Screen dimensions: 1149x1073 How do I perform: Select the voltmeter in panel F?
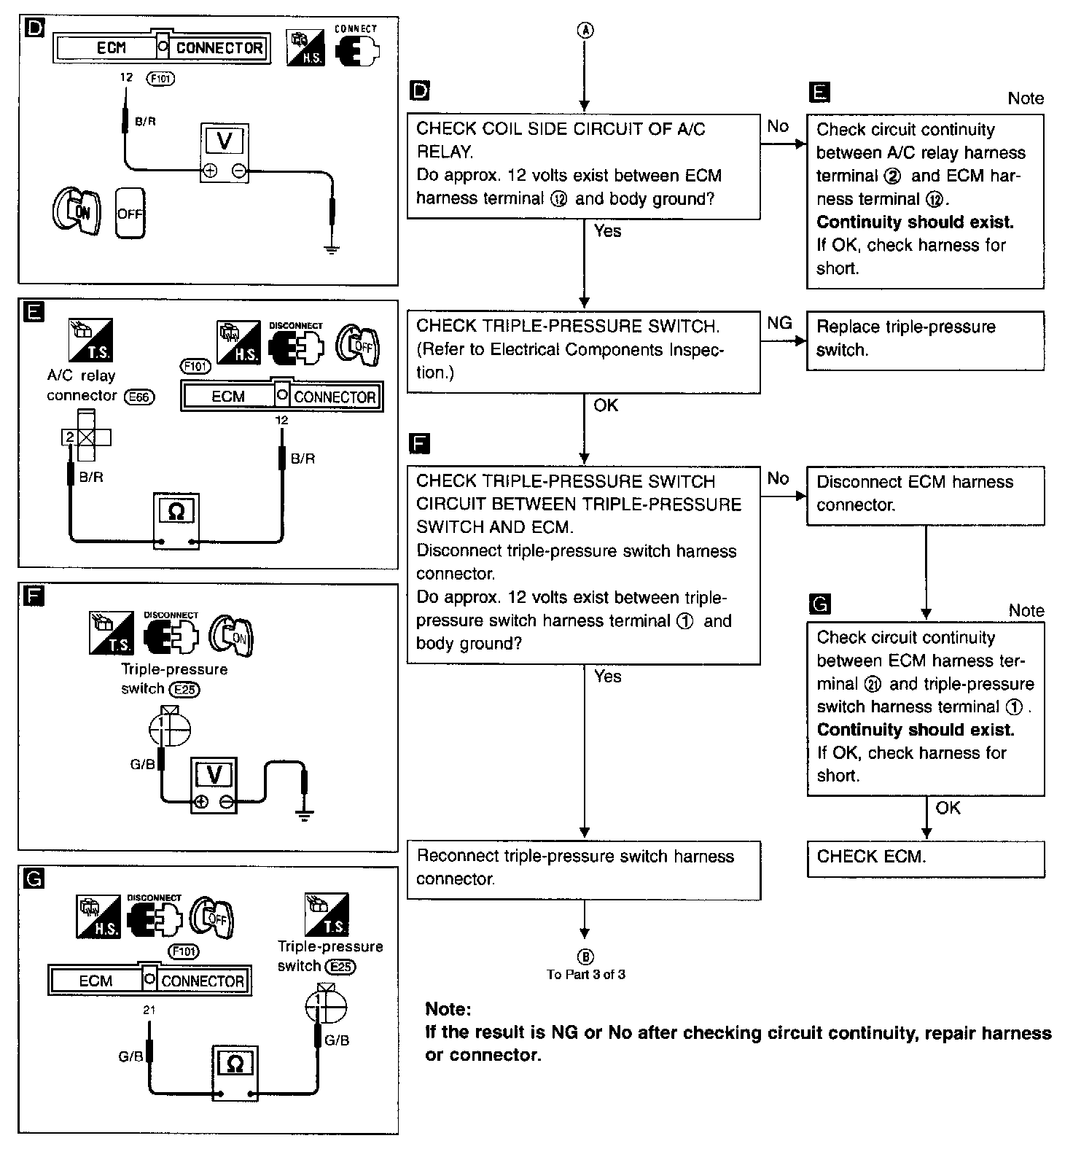coord(214,784)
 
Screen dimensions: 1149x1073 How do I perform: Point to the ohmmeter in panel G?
coord(235,1073)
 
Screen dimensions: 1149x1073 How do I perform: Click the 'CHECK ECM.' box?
coord(925,858)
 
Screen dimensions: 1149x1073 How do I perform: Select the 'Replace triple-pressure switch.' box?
coord(925,340)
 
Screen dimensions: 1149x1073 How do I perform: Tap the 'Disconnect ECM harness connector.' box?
coord(925,495)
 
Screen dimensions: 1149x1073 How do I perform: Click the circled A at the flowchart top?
coord(585,31)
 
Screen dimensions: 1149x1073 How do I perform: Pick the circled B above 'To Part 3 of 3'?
coord(585,957)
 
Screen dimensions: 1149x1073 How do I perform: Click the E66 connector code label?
coord(140,397)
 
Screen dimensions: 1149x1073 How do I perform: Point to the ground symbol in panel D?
coord(332,249)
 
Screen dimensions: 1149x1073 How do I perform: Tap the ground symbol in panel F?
coord(305,814)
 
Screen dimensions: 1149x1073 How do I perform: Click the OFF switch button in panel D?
coord(130,214)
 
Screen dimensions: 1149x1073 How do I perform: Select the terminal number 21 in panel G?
coord(149,1010)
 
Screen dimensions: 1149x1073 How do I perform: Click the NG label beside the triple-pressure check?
coord(779,323)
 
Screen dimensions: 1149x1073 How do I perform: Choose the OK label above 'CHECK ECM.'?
coord(948,808)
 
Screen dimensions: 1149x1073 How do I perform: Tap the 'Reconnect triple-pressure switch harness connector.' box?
coord(583,869)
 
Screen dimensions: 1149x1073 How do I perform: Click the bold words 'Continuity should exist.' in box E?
coord(915,222)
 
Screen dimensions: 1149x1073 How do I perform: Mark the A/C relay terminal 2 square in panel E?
coord(70,437)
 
